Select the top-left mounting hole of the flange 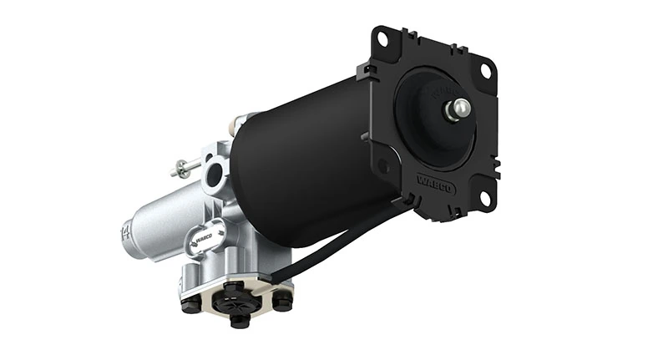(382, 38)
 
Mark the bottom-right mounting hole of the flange (482, 197)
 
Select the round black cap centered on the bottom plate (235, 300)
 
